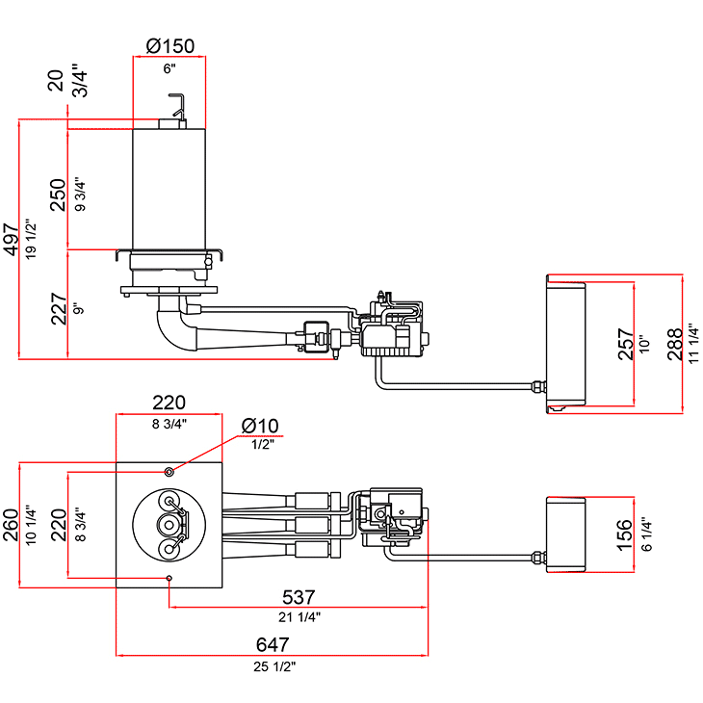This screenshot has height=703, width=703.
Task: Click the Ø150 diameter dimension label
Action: point(170,46)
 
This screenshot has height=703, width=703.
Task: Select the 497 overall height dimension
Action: point(12,240)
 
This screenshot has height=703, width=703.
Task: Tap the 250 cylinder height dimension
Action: point(58,195)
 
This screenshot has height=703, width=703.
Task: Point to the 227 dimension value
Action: point(59,309)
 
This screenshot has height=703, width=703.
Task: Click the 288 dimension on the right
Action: point(675,345)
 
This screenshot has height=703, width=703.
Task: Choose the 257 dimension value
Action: point(625,345)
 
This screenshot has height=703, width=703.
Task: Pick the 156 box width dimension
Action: point(625,534)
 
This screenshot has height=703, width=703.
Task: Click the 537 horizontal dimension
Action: point(299,597)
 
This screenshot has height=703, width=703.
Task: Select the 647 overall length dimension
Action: point(273,644)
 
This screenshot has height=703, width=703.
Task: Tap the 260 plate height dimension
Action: point(11,525)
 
